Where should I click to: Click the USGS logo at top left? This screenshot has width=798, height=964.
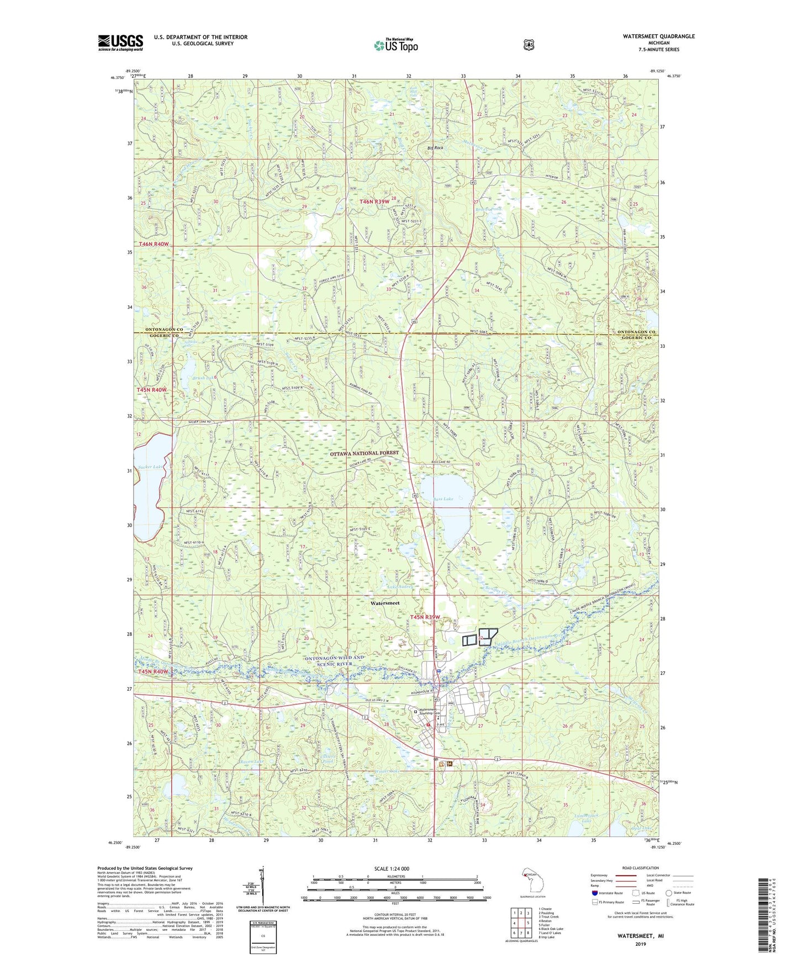tap(120, 43)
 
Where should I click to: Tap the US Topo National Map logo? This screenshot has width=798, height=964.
tap(396, 45)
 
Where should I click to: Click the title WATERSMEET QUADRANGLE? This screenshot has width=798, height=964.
tap(658, 36)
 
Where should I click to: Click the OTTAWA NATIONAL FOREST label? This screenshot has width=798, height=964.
tap(364, 453)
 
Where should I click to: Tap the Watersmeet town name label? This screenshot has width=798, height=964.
tap(385, 603)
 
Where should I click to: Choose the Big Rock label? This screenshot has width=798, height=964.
tap(435, 148)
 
